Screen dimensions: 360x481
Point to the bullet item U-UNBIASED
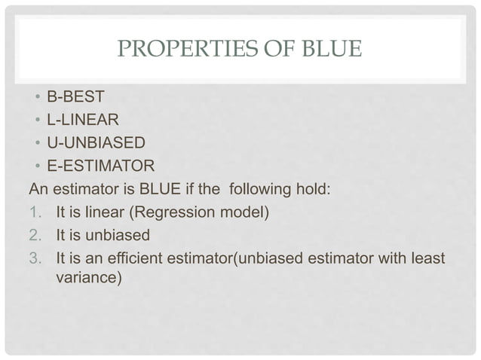[96, 142]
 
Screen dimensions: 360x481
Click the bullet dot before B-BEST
[36, 97]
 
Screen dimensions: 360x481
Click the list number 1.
[34, 212]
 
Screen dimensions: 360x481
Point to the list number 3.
[34, 258]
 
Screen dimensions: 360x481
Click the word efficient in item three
[156, 258]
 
